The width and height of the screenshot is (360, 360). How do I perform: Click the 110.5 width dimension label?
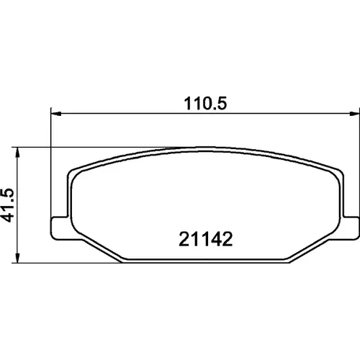pos(205,104)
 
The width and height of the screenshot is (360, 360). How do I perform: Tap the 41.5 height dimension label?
pos(7,205)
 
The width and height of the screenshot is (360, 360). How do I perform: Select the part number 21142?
pos(206,239)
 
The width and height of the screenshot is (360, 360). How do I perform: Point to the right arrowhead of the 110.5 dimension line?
pos(355,114)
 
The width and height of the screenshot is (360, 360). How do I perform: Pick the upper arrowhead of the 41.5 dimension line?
pos(17,153)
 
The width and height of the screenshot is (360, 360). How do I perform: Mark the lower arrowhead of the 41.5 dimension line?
pos(17,258)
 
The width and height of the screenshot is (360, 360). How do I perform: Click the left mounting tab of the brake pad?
pos(60,228)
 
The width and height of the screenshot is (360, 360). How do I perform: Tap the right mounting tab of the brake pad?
pos(351,228)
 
